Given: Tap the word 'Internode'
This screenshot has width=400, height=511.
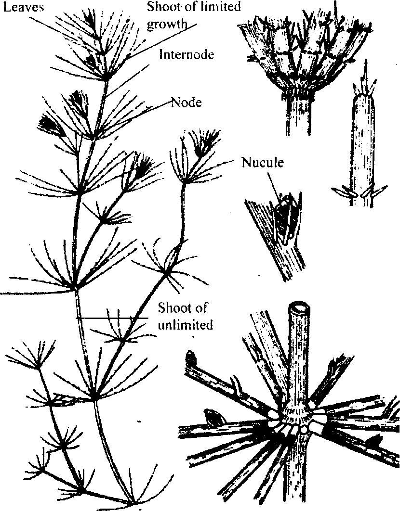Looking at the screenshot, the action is click(x=186, y=54).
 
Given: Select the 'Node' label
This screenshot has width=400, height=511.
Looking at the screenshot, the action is click(x=187, y=102).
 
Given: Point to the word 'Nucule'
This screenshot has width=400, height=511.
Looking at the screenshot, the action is click(x=262, y=162).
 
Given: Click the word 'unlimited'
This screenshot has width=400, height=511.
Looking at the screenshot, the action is click(x=185, y=325).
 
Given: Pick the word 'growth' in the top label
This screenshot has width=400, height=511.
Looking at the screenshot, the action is click(x=167, y=25).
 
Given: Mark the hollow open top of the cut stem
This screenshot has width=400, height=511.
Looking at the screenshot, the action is click(x=300, y=307).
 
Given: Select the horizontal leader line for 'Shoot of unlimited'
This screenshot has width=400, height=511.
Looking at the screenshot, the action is click(x=112, y=318).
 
